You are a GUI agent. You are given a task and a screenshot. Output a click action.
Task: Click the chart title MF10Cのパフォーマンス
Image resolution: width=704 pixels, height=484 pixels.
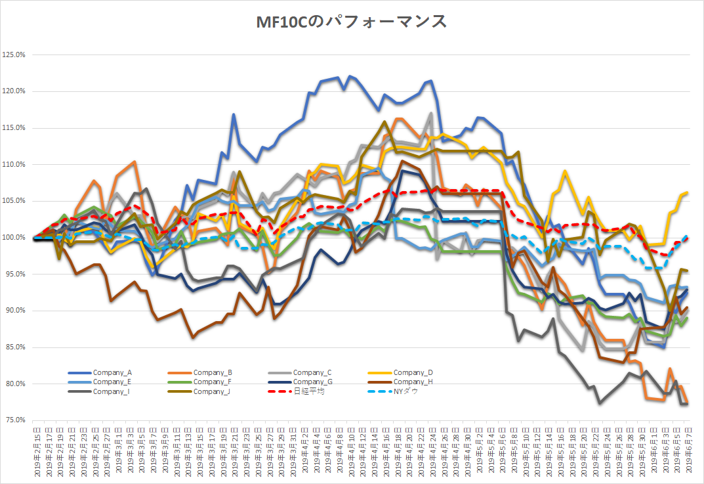352,22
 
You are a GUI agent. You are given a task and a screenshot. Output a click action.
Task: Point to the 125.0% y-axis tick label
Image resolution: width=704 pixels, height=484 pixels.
14,55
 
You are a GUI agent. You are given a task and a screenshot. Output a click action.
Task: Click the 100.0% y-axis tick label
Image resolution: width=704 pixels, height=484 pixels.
14,237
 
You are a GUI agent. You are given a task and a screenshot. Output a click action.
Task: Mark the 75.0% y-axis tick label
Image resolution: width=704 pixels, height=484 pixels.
14,420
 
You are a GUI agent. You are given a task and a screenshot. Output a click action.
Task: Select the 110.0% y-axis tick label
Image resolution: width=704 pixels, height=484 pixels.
14,164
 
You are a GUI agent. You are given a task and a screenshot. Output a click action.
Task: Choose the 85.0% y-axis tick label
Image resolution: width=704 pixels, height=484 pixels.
14,347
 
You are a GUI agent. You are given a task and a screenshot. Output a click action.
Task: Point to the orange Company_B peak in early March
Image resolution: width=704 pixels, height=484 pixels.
134,162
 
